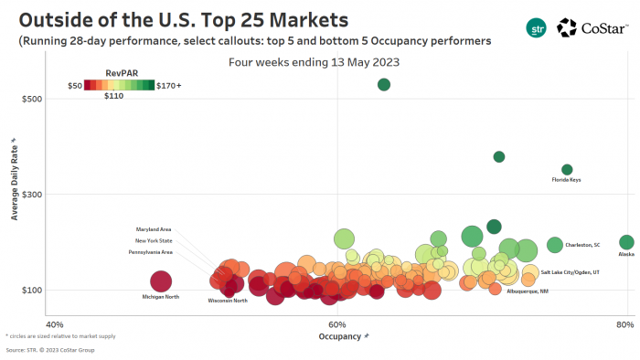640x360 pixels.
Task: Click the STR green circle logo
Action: pyautogui.click(x=537, y=28)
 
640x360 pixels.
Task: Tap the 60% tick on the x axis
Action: pyautogui.click(x=337, y=324)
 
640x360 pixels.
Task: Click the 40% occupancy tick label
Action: pyautogui.click(x=54, y=324)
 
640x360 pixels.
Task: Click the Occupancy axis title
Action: pyautogui.click(x=340, y=336)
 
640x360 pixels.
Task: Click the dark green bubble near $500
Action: pyautogui.click(x=384, y=85)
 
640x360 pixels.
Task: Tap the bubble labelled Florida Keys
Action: pyautogui.click(x=567, y=169)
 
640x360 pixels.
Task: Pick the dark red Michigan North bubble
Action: pyautogui.click(x=161, y=281)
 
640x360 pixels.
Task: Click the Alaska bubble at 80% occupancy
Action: pyautogui.click(x=626, y=242)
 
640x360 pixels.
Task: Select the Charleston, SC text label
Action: pyautogui.click(x=582, y=245)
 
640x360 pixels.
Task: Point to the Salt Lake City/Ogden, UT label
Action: pyautogui.click(x=570, y=272)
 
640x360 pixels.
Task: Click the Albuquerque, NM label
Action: pyautogui.click(x=528, y=291)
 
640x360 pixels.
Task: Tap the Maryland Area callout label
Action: pyautogui.click(x=154, y=228)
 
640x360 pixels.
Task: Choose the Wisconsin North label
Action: pyautogui.click(x=228, y=300)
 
